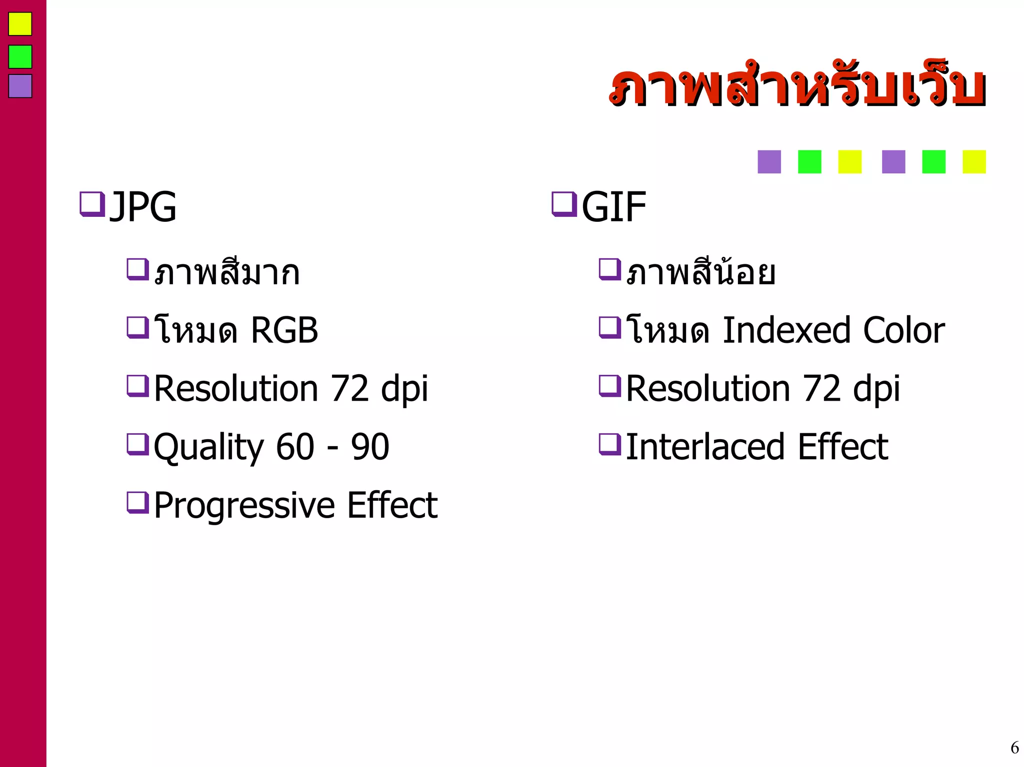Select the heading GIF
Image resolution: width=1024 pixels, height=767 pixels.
pos(613,206)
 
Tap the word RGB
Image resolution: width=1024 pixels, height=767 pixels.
pos(284,330)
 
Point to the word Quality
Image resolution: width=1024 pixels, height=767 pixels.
pos(208,447)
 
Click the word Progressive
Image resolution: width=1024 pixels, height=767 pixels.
pos(244,506)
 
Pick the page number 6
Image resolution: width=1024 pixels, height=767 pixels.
pos(1014,748)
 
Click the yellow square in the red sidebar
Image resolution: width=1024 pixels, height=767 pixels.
pos(20,24)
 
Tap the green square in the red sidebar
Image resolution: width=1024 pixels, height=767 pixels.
pos(20,56)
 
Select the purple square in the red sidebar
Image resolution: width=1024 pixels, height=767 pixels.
pos(20,86)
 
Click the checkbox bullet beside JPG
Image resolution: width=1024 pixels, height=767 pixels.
pos(92,204)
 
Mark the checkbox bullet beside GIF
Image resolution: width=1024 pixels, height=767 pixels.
pos(564,204)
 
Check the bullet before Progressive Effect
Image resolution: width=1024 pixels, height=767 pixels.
pos(137,502)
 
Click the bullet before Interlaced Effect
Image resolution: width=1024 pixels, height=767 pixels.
pos(609,444)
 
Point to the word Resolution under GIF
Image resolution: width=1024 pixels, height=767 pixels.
pos(707,388)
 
